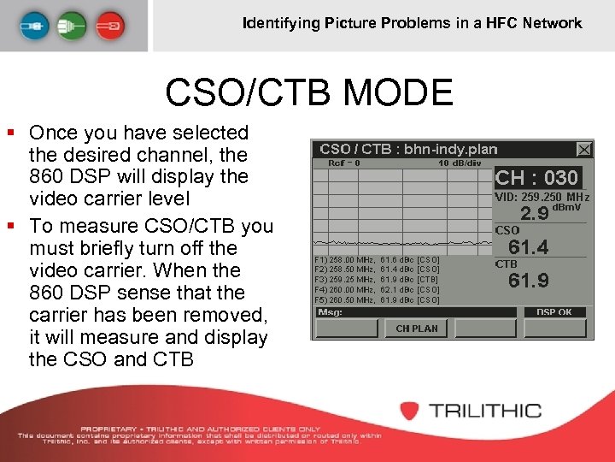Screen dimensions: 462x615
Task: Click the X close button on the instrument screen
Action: [584, 150]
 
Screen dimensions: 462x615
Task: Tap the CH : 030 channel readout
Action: [537, 178]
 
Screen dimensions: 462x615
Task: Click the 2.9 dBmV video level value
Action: [536, 213]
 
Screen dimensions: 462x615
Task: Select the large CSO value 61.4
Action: [529, 248]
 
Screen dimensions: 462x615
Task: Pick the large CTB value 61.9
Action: [529, 281]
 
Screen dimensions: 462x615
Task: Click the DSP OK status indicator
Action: [554, 312]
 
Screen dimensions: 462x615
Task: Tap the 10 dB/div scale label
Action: [460, 163]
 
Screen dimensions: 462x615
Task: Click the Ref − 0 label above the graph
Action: [344, 163]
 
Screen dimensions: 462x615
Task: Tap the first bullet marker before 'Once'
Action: [11, 133]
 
